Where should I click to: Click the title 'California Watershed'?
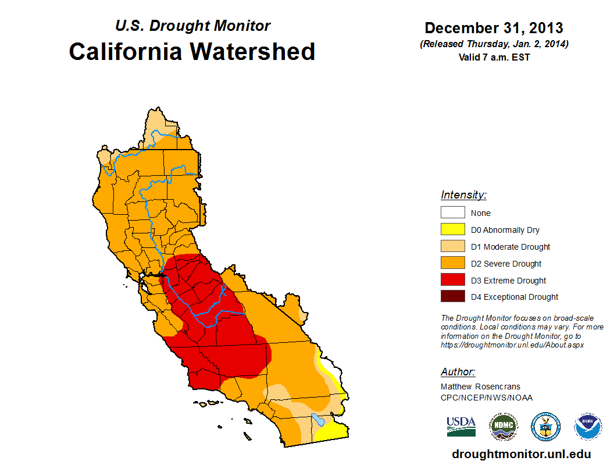(192, 52)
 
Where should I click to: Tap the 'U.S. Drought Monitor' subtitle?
(192, 26)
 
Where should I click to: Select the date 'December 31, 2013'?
(494, 28)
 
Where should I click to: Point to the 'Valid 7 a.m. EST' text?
(494, 56)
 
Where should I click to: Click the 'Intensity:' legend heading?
(463, 195)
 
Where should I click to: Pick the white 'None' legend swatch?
(452, 213)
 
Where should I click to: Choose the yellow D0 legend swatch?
(452, 230)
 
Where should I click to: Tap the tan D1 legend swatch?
(452, 247)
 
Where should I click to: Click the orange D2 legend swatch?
(452, 264)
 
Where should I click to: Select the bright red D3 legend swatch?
(452, 281)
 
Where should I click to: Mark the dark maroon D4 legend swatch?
(452, 297)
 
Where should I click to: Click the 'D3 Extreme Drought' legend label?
(508, 281)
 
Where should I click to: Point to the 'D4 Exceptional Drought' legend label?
(515, 297)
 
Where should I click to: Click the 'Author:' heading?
(458, 372)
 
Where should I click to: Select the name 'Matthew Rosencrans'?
(480, 387)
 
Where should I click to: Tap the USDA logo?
(461, 426)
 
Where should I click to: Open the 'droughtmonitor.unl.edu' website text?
(521, 454)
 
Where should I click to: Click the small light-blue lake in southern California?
(317, 419)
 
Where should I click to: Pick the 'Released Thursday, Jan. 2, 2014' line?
(494, 44)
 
